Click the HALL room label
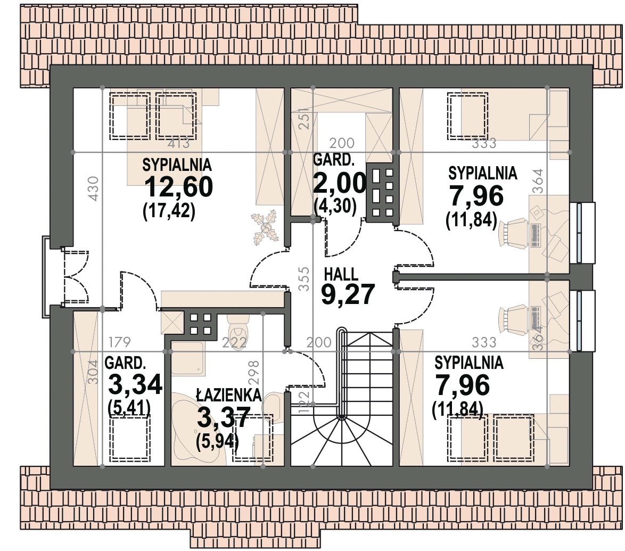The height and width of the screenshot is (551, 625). pyautogui.click(x=341, y=274)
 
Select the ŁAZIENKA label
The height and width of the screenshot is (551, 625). pyautogui.click(x=229, y=394)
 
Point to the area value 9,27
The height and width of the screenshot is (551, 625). pyautogui.click(x=348, y=294)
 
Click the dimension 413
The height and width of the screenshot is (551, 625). pyautogui.click(x=178, y=143)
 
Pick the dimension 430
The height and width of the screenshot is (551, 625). pyautogui.click(x=93, y=188)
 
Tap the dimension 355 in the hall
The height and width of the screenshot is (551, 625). pyautogui.click(x=304, y=278)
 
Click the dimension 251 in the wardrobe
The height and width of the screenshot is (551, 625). pyautogui.click(x=304, y=118)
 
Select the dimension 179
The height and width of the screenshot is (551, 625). pyautogui.click(x=120, y=342)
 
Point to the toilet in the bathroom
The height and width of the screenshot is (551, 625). pyautogui.click(x=238, y=327)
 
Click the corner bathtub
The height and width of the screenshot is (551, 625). pyautogui.click(x=199, y=429)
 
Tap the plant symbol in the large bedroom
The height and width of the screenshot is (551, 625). pyautogui.click(x=264, y=227)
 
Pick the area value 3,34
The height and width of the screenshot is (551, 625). pyautogui.click(x=135, y=384)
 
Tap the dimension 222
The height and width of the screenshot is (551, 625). pyautogui.click(x=234, y=342)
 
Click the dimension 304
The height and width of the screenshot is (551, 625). pyautogui.click(x=93, y=372)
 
